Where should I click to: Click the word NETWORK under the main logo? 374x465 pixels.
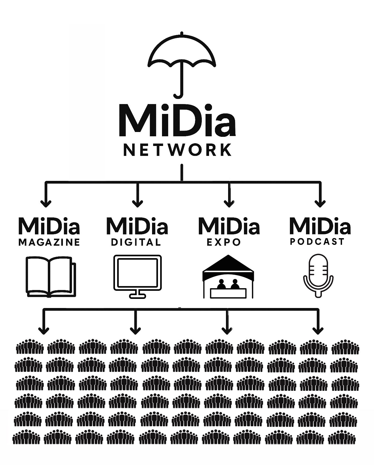point(178,150)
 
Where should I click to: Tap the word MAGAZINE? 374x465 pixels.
point(49,242)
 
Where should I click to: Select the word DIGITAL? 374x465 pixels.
point(136,242)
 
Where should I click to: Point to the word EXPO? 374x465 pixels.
point(224,242)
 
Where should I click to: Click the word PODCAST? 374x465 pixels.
point(317,242)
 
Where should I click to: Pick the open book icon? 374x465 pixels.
point(50,277)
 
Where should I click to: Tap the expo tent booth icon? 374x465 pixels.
point(228,277)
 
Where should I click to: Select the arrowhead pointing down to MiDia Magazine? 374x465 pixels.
point(46,203)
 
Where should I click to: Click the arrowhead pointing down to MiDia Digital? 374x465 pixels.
point(138,203)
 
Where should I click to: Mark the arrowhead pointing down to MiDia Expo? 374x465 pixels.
point(229,203)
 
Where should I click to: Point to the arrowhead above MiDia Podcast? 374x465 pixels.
point(320,203)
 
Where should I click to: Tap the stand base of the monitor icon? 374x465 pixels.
point(138,296)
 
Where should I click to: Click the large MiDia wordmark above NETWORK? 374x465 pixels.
point(177,121)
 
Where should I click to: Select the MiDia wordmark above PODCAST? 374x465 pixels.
point(320,226)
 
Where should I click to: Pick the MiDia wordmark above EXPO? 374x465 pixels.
point(229,226)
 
